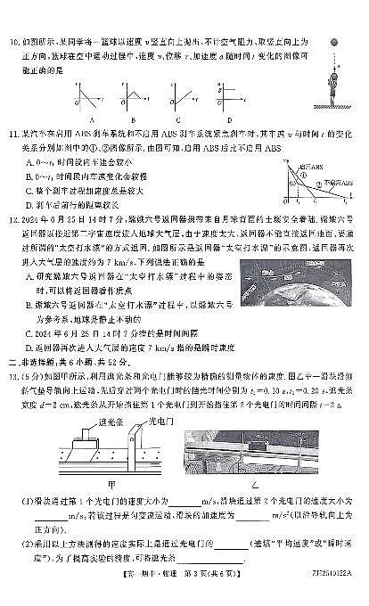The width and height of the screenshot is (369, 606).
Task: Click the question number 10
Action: [x=14, y=41]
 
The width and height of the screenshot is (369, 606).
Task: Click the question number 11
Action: [x=14, y=135]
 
